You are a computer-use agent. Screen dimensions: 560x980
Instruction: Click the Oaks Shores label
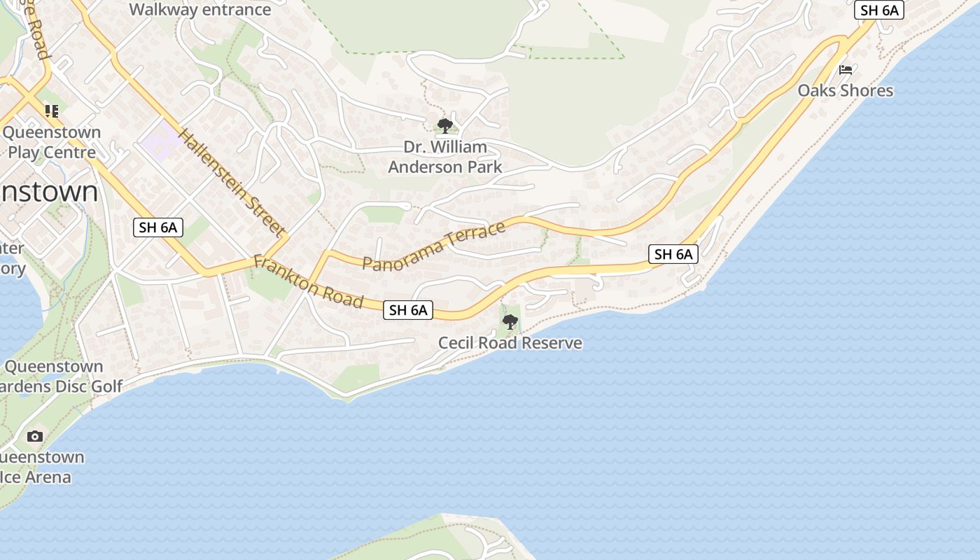[846, 90]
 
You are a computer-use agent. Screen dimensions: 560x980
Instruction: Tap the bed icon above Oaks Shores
[846, 69]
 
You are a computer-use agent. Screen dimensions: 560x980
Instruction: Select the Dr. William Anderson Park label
[445, 157]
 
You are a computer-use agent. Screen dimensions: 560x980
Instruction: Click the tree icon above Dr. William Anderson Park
[444, 126]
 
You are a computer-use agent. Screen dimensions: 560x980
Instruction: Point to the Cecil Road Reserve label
[510, 343]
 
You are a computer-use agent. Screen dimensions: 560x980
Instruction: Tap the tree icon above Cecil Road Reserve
[510, 322]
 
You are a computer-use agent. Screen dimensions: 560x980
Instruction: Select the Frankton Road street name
[309, 282]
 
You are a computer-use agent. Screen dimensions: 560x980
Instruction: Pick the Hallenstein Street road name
[232, 182]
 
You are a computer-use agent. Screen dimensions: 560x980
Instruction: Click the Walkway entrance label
[200, 10]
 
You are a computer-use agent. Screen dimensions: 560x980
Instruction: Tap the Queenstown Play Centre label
[51, 142]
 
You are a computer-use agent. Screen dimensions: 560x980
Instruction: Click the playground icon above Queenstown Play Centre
[51, 111]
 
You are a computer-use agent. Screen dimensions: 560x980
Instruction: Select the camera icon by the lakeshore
[34, 436]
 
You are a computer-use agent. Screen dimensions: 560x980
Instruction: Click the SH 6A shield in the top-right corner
[879, 10]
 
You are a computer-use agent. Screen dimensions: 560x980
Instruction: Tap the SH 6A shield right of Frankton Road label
[408, 310]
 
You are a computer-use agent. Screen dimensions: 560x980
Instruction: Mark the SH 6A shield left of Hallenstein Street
[158, 227]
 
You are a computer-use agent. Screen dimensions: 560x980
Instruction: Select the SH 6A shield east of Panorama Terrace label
[673, 254]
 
